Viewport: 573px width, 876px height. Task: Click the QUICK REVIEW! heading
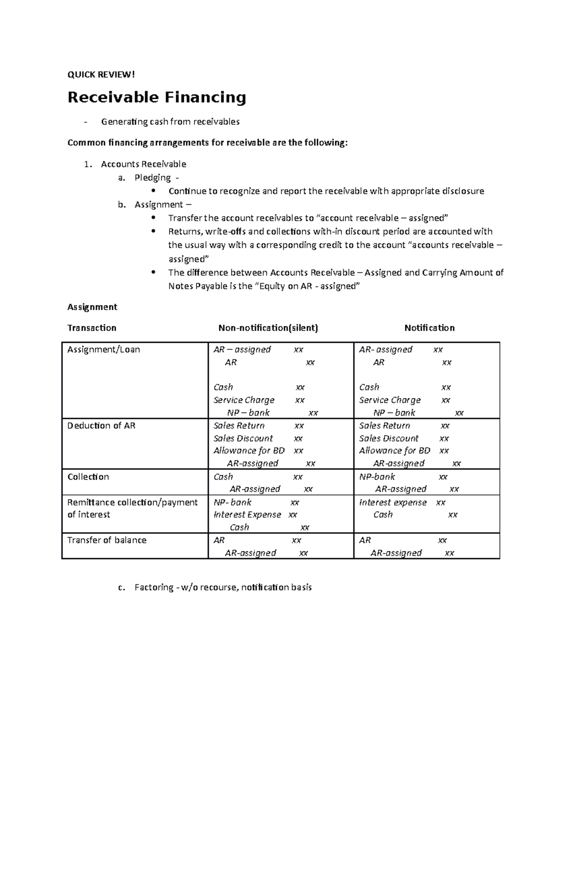(101, 74)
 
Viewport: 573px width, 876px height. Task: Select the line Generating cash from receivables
(170, 122)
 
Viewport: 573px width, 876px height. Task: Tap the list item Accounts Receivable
(143, 164)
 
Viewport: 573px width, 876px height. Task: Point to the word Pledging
(152, 178)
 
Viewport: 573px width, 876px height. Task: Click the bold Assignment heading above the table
(92, 307)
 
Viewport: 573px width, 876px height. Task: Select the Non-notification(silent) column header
(268, 328)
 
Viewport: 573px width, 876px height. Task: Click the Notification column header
(429, 328)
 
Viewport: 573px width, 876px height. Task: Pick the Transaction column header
(92, 328)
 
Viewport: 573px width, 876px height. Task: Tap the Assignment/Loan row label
(104, 349)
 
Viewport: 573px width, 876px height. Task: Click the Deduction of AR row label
(101, 425)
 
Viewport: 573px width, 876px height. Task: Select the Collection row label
(88, 477)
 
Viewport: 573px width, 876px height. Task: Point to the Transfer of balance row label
(106, 540)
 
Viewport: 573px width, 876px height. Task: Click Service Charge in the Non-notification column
(244, 400)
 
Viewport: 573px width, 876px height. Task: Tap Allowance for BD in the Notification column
(394, 451)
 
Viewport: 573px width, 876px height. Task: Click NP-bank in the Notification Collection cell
(377, 477)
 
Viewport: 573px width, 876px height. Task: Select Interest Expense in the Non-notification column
(247, 515)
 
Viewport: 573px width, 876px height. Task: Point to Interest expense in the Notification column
(393, 502)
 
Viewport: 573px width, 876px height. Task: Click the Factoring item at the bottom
(223, 587)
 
